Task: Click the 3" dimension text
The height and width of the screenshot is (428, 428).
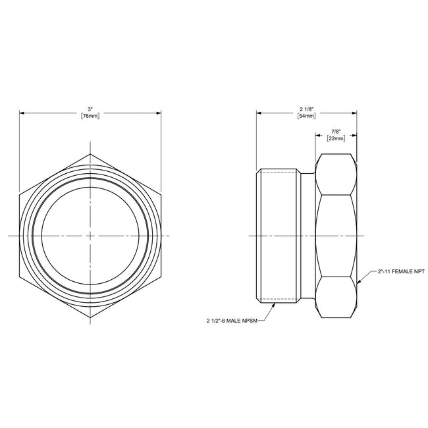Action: (x=90, y=108)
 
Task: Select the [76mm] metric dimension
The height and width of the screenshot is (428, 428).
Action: (x=90, y=116)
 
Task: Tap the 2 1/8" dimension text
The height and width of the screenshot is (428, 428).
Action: (x=307, y=108)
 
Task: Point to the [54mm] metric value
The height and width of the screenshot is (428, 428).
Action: (x=307, y=116)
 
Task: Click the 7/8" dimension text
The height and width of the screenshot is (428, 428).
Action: (x=336, y=131)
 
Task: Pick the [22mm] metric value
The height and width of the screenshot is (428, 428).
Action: (x=336, y=139)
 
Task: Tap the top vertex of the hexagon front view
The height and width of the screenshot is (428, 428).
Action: (x=90, y=154)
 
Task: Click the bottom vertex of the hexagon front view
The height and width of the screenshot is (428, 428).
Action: (x=90, y=317)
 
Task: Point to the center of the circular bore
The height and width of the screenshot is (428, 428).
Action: (x=90, y=236)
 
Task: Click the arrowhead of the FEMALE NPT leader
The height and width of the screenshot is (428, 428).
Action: (x=359, y=282)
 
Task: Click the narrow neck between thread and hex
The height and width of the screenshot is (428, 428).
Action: (x=308, y=236)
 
